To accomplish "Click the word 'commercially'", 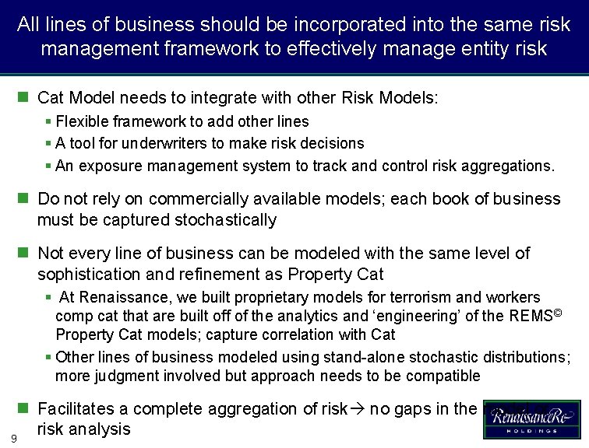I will click(210, 198).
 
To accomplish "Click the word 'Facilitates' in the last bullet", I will click(79, 408).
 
